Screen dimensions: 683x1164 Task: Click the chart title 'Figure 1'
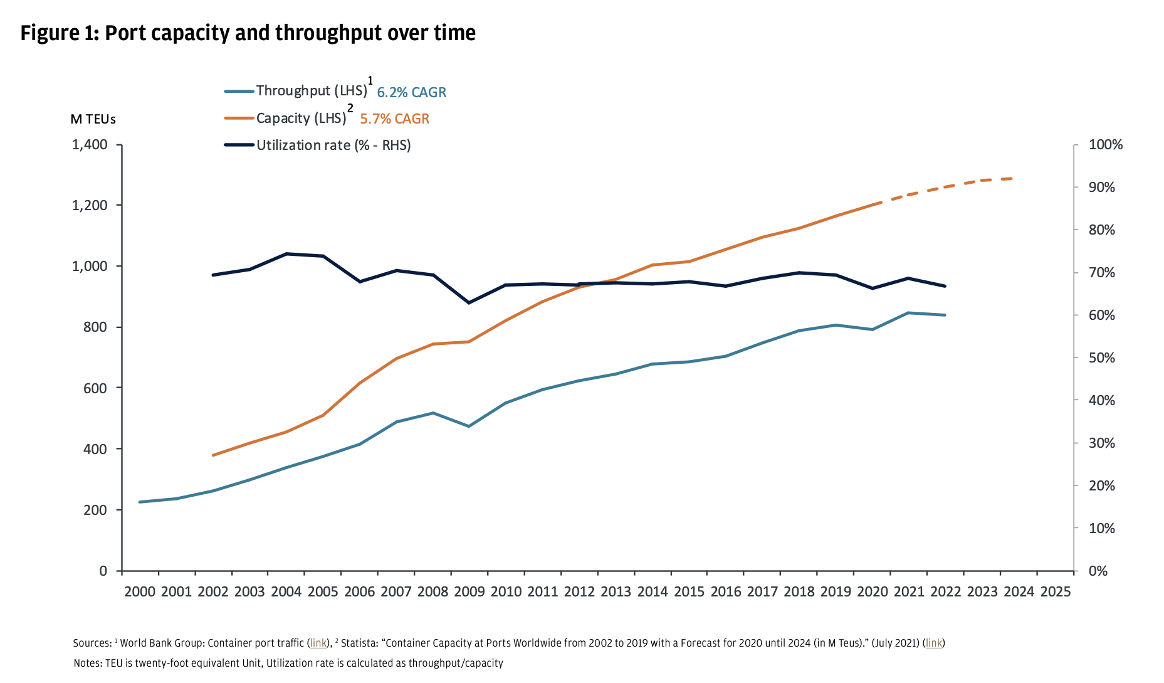point(248,33)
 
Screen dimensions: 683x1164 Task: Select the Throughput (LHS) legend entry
point(311,90)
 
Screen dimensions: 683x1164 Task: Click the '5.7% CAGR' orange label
point(394,119)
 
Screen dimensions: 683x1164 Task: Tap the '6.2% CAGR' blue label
point(411,92)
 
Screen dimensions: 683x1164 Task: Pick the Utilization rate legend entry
point(333,145)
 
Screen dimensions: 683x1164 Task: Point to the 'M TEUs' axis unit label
point(93,119)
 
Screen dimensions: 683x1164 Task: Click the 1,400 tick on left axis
point(90,145)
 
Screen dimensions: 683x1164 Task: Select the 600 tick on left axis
point(95,388)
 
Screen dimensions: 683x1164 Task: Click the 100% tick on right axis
point(1105,145)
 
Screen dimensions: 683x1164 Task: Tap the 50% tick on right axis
point(1101,357)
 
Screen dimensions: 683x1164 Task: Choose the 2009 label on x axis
point(469,591)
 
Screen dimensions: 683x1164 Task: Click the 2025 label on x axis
point(1055,591)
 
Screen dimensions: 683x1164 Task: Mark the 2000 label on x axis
point(139,591)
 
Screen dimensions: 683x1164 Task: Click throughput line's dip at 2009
point(469,426)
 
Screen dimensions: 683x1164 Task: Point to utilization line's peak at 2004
point(286,253)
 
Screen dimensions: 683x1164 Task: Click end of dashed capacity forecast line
point(1012,179)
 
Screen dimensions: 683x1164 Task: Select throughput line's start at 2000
point(139,502)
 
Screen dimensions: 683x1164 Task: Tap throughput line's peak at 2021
point(908,312)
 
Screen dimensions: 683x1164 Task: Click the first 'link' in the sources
point(318,643)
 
